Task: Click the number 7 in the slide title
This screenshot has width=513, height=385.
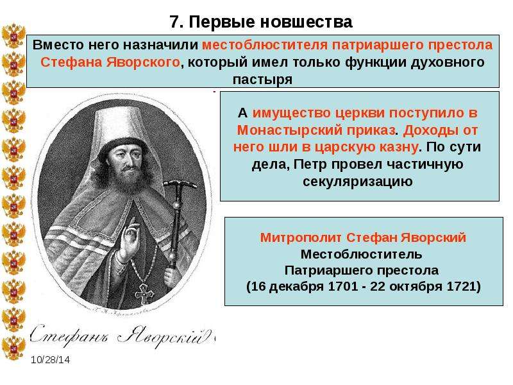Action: (175, 22)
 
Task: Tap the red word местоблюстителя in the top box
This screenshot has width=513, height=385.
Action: (265, 45)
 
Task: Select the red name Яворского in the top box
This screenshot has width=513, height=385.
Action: (143, 62)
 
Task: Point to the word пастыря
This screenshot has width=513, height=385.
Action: (262, 80)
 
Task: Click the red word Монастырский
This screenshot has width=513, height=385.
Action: (315, 130)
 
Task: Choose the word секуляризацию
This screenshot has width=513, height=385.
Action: (358, 181)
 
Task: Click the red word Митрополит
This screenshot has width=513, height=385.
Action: (301, 237)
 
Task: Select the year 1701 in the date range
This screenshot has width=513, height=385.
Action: (342, 286)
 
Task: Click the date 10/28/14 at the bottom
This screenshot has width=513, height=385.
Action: (51, 360)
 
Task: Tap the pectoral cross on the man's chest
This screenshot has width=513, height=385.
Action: (143, 293)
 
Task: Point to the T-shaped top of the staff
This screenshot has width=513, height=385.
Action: (180, 184)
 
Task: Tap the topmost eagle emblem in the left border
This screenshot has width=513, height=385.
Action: (13, 36)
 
